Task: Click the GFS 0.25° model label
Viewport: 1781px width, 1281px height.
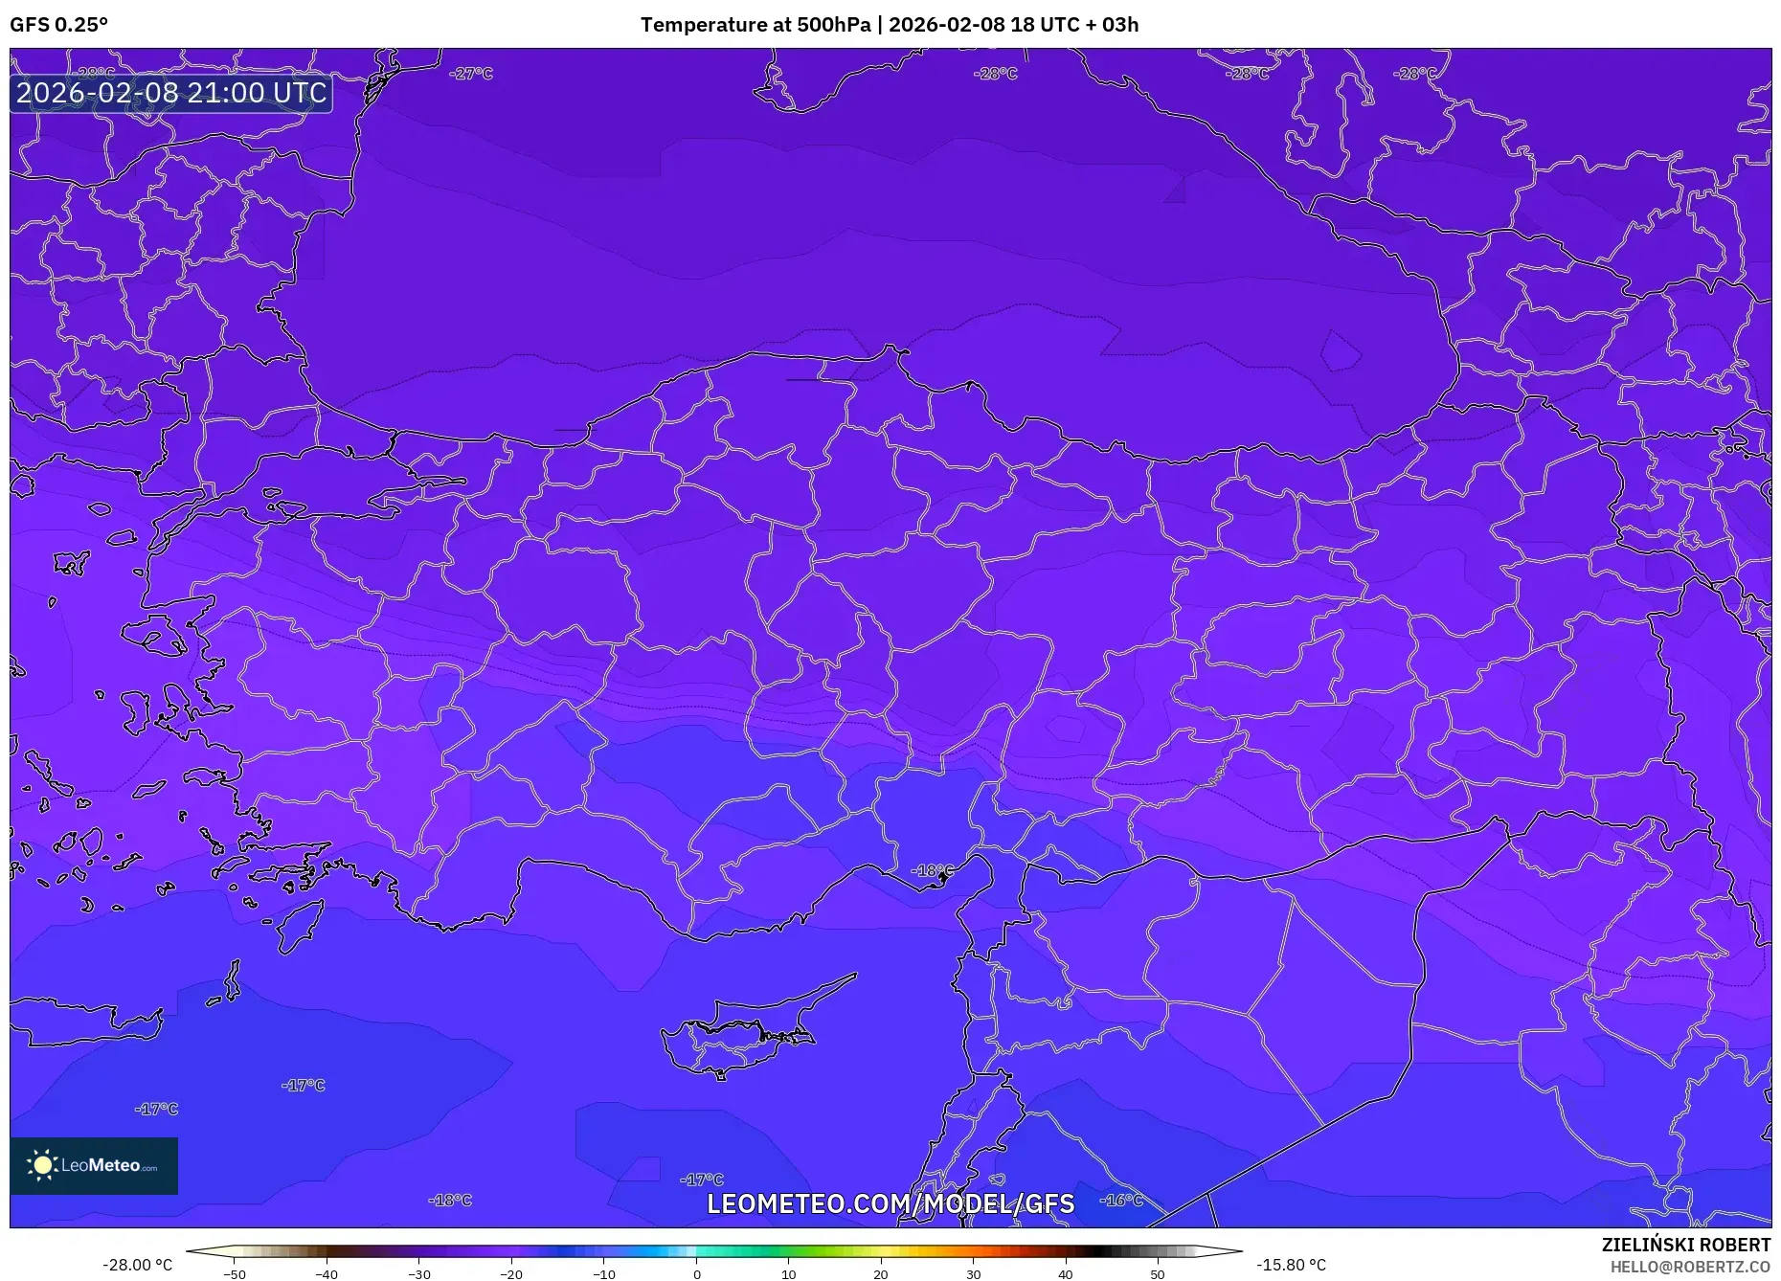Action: pyautogui.click(x=58, y=25)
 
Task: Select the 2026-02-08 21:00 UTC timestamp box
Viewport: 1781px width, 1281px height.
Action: pyautogui.click(x=171, y=93)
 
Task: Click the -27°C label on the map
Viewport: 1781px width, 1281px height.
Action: pyautogui.click(x=471, y=74)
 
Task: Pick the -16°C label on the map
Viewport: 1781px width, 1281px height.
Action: pyautogui.click(x=1121, y=1200)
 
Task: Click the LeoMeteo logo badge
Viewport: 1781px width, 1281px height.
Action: pyautogui.click(x=94, y=1165)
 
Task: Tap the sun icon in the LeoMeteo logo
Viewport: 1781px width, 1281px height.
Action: pyautogui.click(x=42, y=1165)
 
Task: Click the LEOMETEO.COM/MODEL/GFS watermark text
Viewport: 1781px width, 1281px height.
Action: pyautogui.click(x=890, y=1203)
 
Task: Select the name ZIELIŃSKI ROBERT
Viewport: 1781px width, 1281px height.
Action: pyautogui.click(x=1686, y=1245)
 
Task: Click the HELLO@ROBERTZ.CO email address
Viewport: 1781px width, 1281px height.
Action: pyautogui.click(x=1690, y=1267)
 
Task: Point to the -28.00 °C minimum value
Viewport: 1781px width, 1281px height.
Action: pyautogui.click(x=138, y=1265)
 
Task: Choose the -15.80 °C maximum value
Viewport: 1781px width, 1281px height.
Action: pyautogui.click(x=1291, y=1265)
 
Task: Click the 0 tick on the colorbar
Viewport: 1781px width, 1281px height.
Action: pyautogui.click(x=697, y=1273)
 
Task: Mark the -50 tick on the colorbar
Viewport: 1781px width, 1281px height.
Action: pyautogui.click(x=235, y=1273)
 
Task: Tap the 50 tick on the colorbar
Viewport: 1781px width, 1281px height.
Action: pyautogui.click(x=1158, y=1273)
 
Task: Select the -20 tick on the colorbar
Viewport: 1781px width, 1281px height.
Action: pyautogui.click(x=511, y=1273)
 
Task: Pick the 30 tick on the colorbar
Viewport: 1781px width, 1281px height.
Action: pyautogui.click(x=973, y=1273)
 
